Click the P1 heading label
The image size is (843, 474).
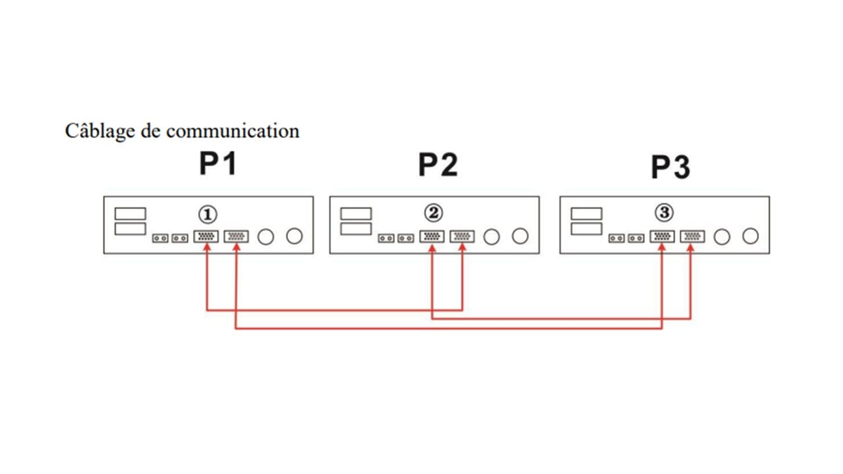click(218, 165)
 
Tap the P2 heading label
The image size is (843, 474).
click(438, 165)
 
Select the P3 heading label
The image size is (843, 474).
click(670, 167)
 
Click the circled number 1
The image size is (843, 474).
click(207, 214)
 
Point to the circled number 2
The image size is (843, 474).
click(434, 213)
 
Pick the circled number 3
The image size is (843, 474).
click(664, 213)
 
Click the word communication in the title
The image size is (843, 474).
click(232, 130)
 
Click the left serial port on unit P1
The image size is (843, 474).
click(206, 236)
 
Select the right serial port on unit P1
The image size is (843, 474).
click(236, 236)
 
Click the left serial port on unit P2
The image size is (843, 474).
click(431, 236)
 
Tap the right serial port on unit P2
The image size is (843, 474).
click(462, 236)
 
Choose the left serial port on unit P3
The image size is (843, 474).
click(662, 236)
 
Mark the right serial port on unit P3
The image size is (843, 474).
click(692, 236)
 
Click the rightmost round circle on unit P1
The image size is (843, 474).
click(294, 236)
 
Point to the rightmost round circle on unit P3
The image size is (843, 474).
click(751, 236)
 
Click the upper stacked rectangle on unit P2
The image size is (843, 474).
click(356, 214)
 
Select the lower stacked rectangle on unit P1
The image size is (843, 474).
click(130, 228)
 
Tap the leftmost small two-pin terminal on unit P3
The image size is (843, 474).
click(616, 238)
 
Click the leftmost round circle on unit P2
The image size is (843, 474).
click(491, 236)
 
